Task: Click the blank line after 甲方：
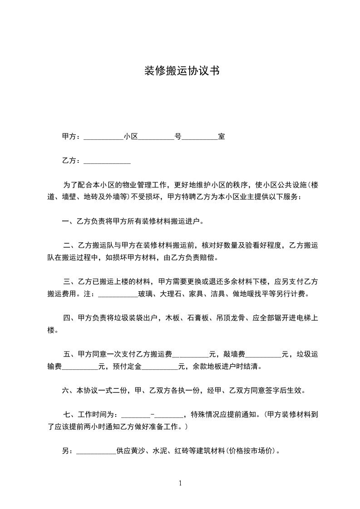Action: coord(104,137)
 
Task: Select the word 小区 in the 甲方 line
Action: coord(130,137)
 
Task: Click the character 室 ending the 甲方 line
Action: coord(222,137)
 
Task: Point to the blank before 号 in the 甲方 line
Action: coord(156,137)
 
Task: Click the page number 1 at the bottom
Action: coord(180,483)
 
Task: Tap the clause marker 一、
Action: coord(68,222)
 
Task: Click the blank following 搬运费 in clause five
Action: coord(191,354)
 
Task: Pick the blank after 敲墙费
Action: coord(264,354)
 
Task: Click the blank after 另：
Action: coord(97,451)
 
